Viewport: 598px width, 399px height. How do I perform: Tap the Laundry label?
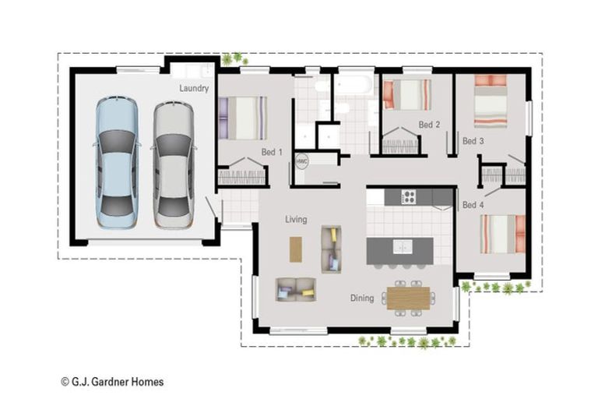click(194, 89)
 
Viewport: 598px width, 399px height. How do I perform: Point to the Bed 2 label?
click(429, 125)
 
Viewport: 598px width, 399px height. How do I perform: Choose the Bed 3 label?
click(473, 141)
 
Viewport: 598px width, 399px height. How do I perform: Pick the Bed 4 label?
click(473, 205)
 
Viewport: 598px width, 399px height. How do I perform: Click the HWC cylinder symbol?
click(302, 161)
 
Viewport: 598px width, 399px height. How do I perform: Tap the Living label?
click(296, 220)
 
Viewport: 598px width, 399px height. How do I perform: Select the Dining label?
click(361, 298)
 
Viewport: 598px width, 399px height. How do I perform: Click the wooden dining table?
click(407, 298)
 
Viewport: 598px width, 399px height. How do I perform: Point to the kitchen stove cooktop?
click(409, 196)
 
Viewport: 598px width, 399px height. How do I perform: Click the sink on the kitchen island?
click(403, 247)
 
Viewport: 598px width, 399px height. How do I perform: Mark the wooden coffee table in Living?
click(296, 249)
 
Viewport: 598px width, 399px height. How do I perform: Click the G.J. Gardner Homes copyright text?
click(112, 382)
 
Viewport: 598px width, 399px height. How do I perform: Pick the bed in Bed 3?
click(491, 100)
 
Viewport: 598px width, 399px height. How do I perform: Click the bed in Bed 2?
click(406, 94)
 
